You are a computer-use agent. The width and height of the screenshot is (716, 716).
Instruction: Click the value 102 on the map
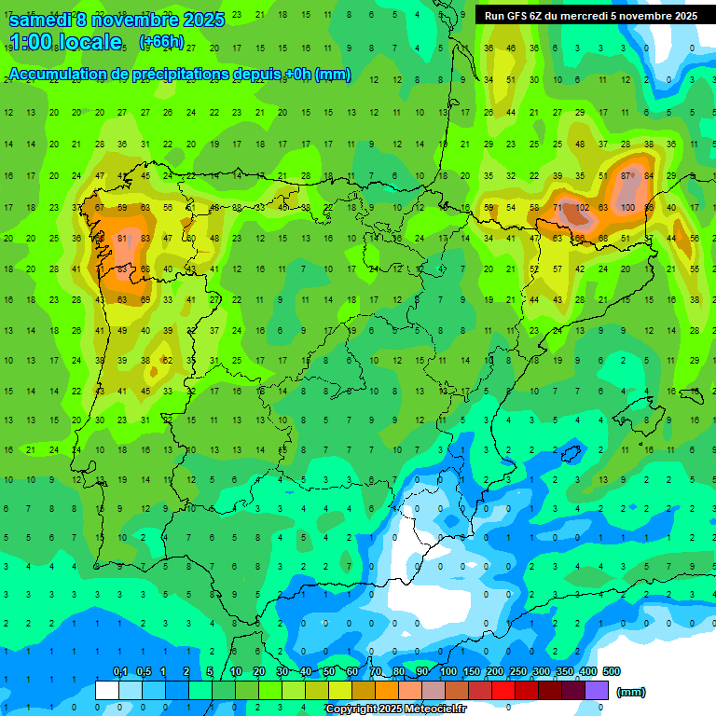click(x=582, y=207)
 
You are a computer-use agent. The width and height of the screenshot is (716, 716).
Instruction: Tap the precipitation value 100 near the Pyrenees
click(x=627, y=207)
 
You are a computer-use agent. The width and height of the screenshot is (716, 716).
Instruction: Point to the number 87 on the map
click(x=627, y=176)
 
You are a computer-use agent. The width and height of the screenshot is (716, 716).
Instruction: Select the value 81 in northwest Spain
click(x=122, y=239)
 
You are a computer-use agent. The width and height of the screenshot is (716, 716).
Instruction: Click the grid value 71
click(x=558, y=207)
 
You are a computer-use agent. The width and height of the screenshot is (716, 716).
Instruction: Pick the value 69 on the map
click(x=145, y=300)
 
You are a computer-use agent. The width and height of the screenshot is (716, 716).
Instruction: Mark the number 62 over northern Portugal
click(x=167, y=361)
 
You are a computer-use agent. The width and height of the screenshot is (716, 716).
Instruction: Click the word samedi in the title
click(x=39, y=20)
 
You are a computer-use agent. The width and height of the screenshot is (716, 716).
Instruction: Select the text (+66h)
click(x=160, y=42)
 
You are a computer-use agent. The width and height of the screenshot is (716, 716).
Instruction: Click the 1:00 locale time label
click(x=65, y=42)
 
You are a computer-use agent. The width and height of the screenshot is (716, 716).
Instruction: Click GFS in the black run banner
click(x=518, y=16)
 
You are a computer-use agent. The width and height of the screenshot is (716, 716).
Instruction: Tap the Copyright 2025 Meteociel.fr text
click(x=395, y=709)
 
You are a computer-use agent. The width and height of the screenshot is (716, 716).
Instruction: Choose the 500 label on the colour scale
click(x=611, y=671)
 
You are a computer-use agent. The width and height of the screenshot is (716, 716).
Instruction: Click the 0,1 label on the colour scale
click(x=119, y=671)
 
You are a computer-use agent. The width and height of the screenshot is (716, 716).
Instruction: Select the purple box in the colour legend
click(x=597, y=690)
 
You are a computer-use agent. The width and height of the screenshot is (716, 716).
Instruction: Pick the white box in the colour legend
click(x=106, y=690)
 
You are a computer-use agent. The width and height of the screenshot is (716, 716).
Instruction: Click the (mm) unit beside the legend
click(x=631, y=692)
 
